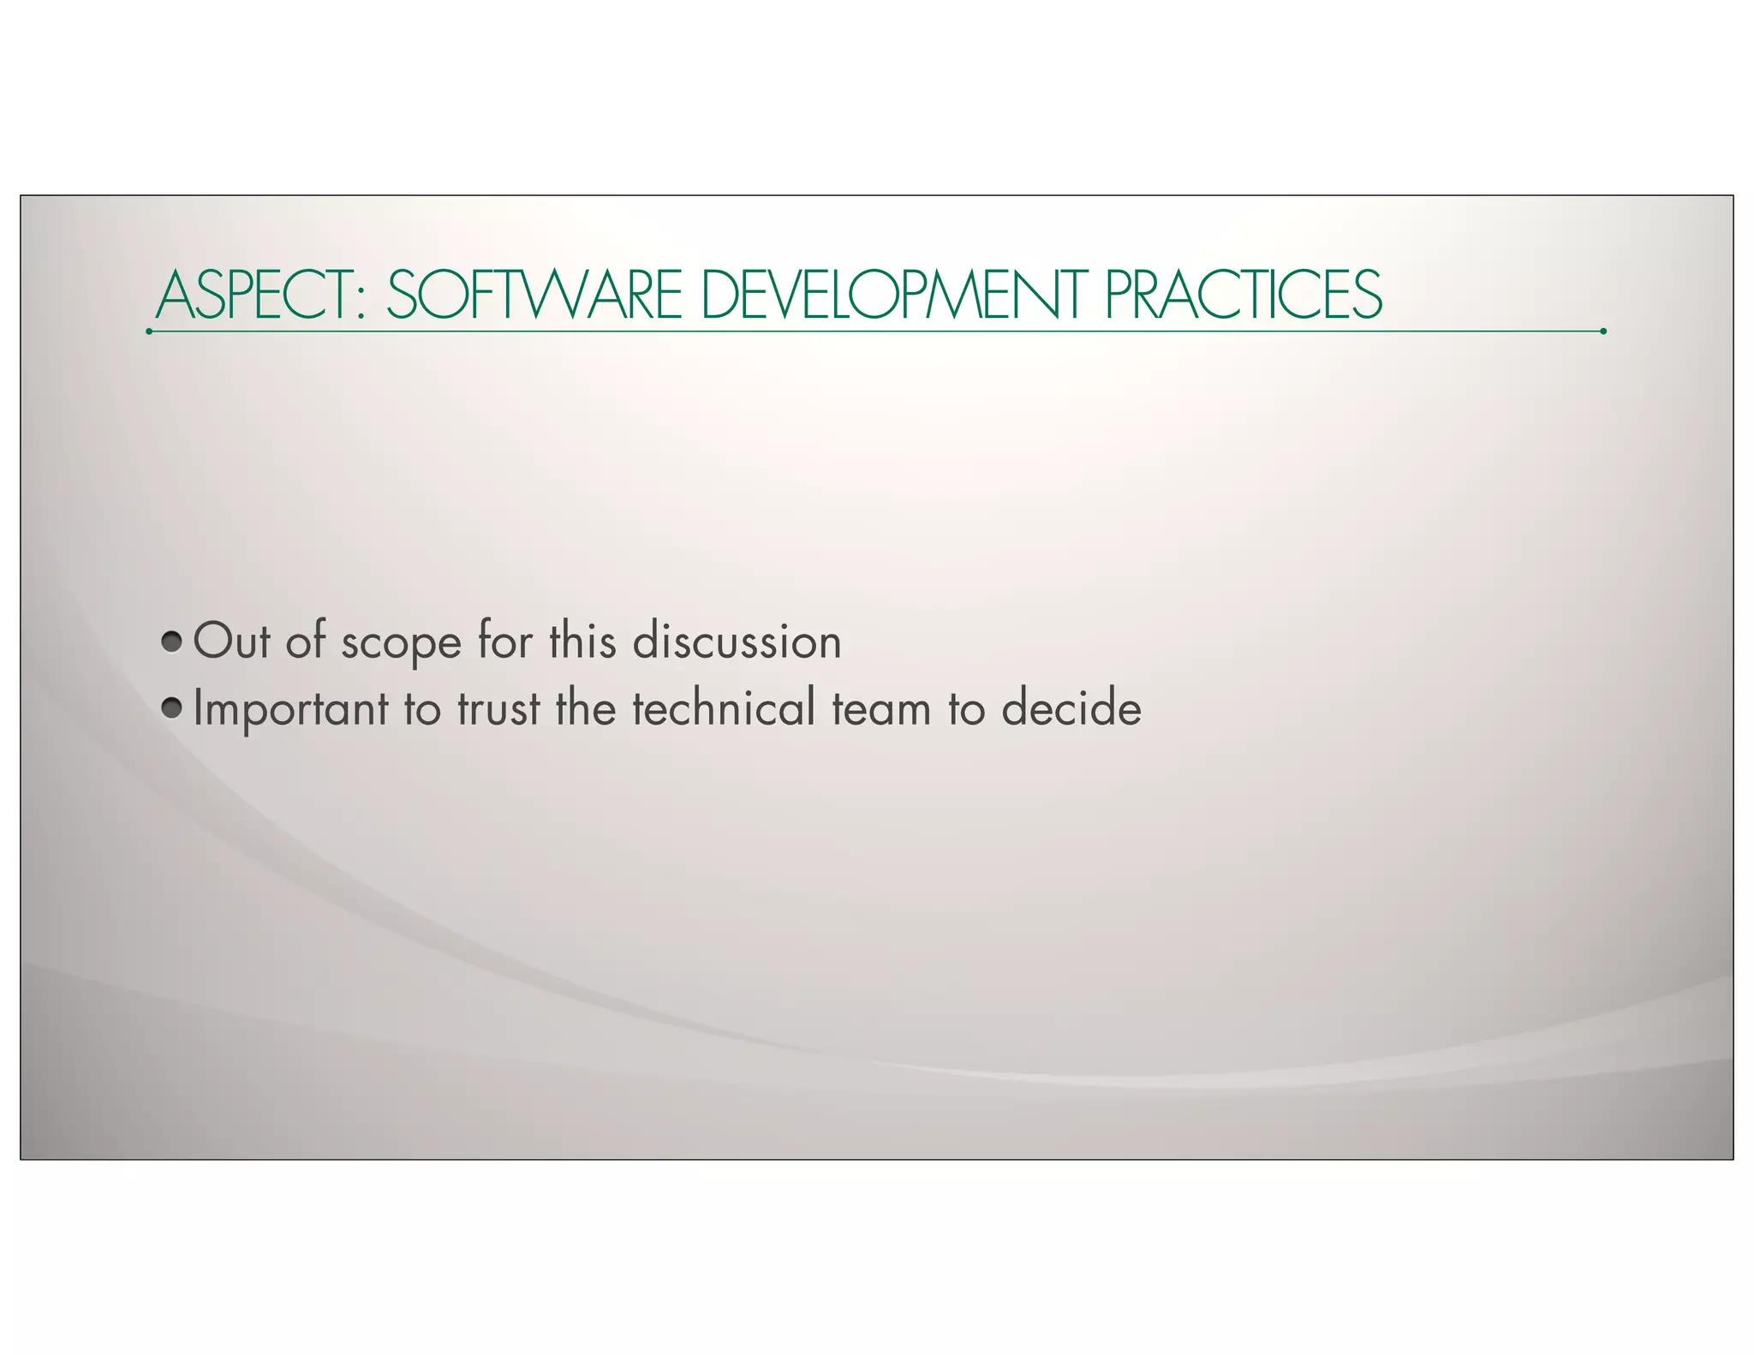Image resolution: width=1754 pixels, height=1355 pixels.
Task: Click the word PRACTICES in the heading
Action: coord(1243,295)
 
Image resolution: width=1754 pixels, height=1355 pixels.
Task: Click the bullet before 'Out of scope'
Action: coord(172,641)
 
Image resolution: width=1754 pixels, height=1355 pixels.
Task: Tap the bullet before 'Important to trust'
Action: coord(172,708)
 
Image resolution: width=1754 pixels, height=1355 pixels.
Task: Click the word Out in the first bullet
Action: coord(231,641)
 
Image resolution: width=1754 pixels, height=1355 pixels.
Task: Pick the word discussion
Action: coord(737,641)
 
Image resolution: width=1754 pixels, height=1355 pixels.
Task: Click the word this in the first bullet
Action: coord(582,641)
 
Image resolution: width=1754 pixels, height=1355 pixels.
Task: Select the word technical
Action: coord(724,708)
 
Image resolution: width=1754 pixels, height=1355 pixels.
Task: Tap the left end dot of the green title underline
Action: coord(149,331)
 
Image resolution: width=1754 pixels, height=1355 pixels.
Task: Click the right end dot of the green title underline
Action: coord(1602,331)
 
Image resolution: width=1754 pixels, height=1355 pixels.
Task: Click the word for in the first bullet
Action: coord(505,641)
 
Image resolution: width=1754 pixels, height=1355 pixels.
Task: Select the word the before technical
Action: coord(586,708)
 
